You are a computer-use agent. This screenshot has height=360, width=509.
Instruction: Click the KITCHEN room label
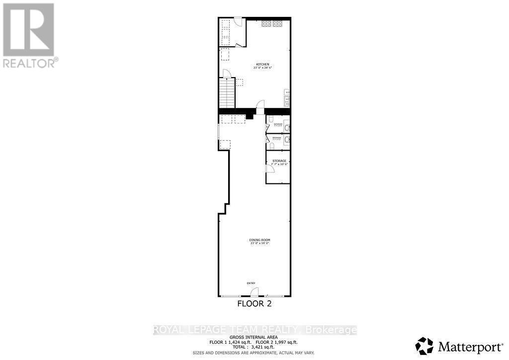(x=263, y=65)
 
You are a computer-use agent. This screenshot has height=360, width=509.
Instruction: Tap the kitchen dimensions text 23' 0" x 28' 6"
(x=263, y=68)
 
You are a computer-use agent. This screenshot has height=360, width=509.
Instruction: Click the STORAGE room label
(x=279, y=161)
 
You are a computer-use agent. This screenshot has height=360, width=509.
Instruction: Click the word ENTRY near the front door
(x=251, y=283)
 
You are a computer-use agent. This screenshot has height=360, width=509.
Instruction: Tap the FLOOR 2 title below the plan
(x=254, y=303)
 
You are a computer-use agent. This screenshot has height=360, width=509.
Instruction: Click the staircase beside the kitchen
(x=227, y=93)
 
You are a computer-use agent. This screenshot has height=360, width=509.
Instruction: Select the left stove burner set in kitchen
(x=266, y=23)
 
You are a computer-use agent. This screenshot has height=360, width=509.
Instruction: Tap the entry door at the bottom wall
(x=254, y=292)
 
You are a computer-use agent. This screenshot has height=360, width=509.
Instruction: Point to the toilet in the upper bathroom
(x=287, y=128)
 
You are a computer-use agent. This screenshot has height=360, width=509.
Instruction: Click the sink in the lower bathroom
(x=287, y=141)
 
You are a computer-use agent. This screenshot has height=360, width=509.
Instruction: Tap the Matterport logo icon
(x=424, y=346)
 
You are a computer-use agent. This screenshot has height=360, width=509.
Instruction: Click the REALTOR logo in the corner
(x=29, y=35)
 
